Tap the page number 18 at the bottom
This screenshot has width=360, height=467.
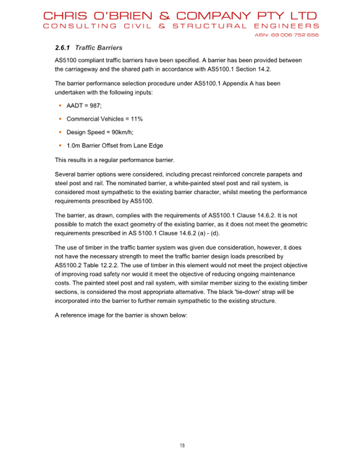point(182,445)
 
